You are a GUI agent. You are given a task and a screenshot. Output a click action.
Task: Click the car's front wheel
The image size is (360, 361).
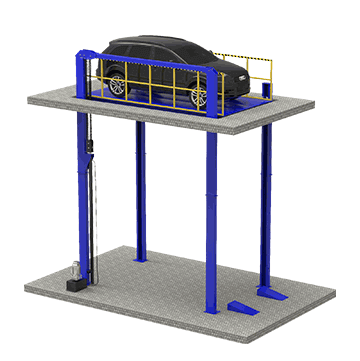[197, 96]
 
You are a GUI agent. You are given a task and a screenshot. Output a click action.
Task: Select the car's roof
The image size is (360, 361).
[150, 43]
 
